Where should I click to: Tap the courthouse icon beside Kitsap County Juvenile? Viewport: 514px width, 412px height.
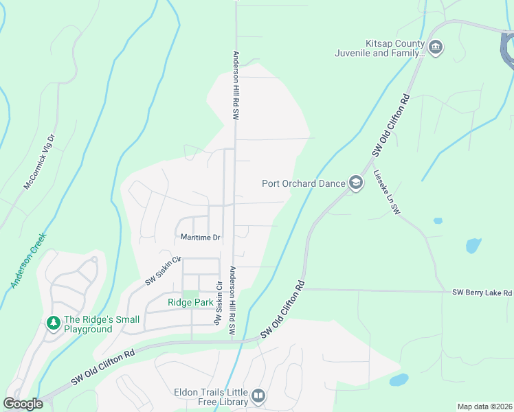coord(436,47)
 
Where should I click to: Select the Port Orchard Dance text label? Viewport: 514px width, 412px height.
coord(304,183)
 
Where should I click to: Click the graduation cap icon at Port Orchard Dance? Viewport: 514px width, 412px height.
coord(356,183)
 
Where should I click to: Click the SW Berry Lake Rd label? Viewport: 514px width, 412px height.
coord(482,293)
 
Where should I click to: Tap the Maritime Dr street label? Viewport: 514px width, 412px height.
coord(200,238)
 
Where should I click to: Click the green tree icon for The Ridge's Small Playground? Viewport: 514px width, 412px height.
coord(53,323)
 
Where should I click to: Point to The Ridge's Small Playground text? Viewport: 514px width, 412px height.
coord(102,324)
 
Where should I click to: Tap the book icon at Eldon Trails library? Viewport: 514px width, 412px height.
coord(258,396)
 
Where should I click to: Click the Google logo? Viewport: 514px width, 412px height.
coord(23,404)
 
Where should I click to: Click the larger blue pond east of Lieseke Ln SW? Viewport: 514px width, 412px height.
coord(473,245)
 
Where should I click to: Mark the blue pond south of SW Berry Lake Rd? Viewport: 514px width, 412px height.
coord(399,380)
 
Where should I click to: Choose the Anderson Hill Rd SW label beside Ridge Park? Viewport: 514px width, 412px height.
coord(232,301)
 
